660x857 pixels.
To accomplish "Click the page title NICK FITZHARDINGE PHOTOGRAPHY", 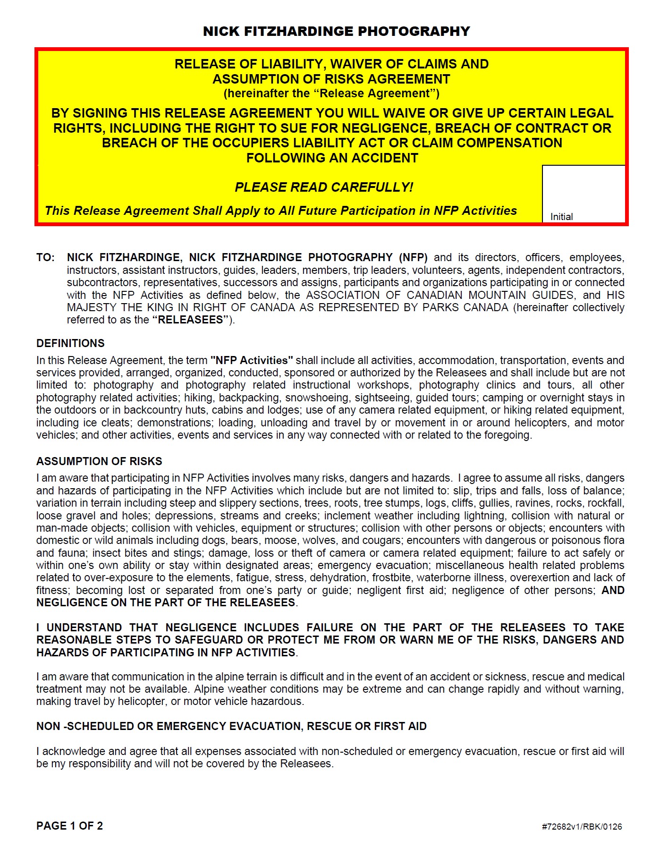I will point(336,31).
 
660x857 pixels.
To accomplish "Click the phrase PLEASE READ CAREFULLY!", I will point(324,187).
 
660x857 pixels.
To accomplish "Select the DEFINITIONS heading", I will point(70,343).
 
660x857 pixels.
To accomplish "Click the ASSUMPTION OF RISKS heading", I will point(99,461).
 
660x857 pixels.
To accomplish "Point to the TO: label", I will point(45,258).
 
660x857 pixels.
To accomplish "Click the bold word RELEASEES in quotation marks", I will point(190,320).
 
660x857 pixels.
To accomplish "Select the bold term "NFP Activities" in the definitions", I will point(252,360).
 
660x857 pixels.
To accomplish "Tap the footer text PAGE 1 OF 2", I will point(69,826).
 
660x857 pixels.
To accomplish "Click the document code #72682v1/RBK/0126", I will point(582,827).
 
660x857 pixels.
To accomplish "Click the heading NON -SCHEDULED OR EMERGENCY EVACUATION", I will point(231,726).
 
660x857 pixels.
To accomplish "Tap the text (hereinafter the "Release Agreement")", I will point(331,93).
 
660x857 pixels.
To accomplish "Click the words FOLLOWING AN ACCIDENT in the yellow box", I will point(332,158).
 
